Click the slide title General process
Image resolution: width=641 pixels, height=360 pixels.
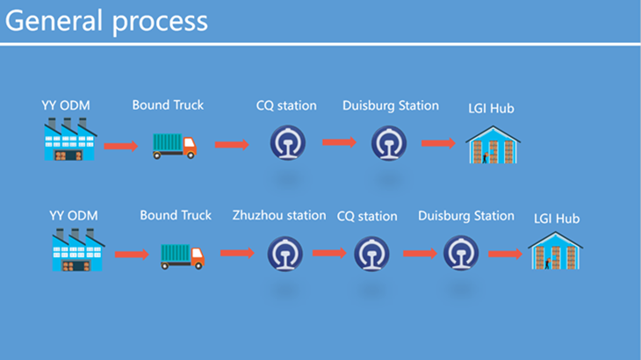pyautogui.click(x=106, y=22)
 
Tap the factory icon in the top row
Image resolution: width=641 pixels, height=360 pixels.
pyautogui.click(x=70, y=139)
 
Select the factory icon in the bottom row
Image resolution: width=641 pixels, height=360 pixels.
pyautogui.click(x=78, y=249)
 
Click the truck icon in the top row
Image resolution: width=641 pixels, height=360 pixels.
pyautogui.click(x=175, y=147)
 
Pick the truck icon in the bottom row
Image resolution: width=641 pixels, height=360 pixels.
pyautogui.click(x=183, y=256)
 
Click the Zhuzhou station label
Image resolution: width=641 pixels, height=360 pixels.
pyautogui.click(x=279, y=215)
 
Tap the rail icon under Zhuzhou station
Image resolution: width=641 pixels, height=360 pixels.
pyautogui.click(x=284, y=254)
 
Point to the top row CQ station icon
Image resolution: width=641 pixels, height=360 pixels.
pyautogui.click(x=288, y=142)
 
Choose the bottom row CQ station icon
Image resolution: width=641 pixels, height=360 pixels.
pyautogui.click(x=371, y=254)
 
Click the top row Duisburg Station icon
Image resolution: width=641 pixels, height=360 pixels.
pyautogui.click(x=389, y=143)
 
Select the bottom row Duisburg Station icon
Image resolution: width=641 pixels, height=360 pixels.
pyautogui.click(x=461, y=253)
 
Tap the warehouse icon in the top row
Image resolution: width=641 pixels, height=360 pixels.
pyautogui.click(x=493, y=145)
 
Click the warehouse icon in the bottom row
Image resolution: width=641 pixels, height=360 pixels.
pyautogui.click(x=555, y=250)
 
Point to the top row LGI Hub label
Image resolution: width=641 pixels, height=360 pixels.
pyautogui.click(x=491, y=108)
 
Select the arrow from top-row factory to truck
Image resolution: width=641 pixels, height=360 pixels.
pyautogui.click(x=121, y=146)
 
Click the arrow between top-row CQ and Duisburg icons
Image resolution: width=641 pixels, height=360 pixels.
pyautogui.click(x=339, y=142)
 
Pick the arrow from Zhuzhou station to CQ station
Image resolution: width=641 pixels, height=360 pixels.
pyautogui.click(x=329, y=253)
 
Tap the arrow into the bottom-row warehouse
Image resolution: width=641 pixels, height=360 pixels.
pyautogui.click(x=505, y=254)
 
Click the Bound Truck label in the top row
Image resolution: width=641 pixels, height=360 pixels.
pyautogui.click(x=168, y=105)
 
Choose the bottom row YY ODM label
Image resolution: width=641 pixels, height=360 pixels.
pyautogui.click(x=74, y=216)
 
